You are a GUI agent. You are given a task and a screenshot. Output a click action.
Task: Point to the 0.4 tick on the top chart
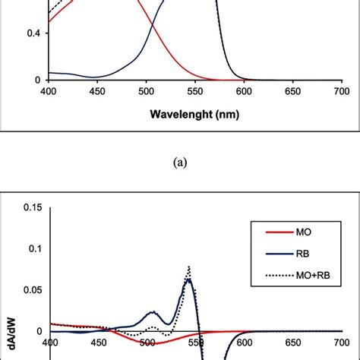(x=33, y=33)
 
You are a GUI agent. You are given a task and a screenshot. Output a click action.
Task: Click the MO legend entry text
(x=302, y=231)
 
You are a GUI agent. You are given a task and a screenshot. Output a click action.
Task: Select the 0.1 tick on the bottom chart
(x=33, y=248)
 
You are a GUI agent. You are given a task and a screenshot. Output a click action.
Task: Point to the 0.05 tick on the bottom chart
(x=30, y=289)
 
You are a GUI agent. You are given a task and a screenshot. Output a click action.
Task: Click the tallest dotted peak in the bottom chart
(x=188, y=267)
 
